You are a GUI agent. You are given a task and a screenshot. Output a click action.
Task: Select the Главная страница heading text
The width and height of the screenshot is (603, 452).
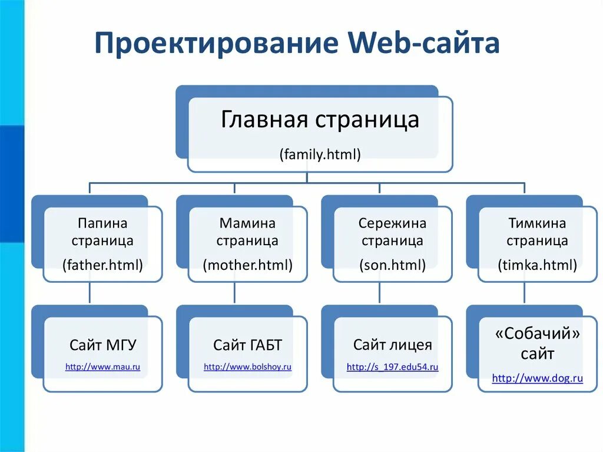pos(320,120)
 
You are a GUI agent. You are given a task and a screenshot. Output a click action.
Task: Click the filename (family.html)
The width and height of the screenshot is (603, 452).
pos(320,154)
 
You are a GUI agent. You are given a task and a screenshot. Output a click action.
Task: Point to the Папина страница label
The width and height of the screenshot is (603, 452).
pos(102,232)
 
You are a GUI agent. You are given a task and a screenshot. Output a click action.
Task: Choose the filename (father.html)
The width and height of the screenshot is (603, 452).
pos(103,265)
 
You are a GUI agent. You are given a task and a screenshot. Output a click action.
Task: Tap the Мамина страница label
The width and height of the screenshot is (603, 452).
pos(247,232)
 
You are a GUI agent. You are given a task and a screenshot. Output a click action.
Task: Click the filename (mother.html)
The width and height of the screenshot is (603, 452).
pos(247,265)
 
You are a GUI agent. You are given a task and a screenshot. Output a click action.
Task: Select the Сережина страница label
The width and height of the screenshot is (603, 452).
pos(392,232)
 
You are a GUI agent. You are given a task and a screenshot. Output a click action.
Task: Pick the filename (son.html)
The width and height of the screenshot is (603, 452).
pos(392,265)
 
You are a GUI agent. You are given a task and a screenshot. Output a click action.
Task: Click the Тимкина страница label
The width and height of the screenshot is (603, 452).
pos(537,232)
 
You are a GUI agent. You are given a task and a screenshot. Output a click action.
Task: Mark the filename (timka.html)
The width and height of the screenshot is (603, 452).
pos(537,265)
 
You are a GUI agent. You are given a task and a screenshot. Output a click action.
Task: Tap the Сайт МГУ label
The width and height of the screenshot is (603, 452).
pos(103,345)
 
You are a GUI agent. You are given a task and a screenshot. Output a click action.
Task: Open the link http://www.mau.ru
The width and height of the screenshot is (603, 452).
pos(103,367)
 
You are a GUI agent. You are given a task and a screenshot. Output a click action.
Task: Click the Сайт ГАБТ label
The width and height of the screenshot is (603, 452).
pos(248,345)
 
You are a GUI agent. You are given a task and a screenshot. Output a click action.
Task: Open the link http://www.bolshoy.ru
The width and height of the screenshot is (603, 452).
pos(248,367)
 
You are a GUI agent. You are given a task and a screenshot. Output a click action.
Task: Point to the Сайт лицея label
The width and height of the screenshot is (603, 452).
pos(393,345)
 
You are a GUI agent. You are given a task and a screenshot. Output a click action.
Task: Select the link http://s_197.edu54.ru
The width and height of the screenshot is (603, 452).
pos(393,367)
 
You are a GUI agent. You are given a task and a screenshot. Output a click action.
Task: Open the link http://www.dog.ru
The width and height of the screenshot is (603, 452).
pos(538,378)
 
